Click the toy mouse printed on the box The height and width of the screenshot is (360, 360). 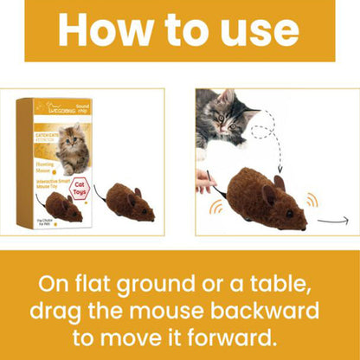62,208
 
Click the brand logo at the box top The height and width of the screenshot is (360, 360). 50,110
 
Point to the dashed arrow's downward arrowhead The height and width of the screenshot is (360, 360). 279,170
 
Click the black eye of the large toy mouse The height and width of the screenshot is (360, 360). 286,213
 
